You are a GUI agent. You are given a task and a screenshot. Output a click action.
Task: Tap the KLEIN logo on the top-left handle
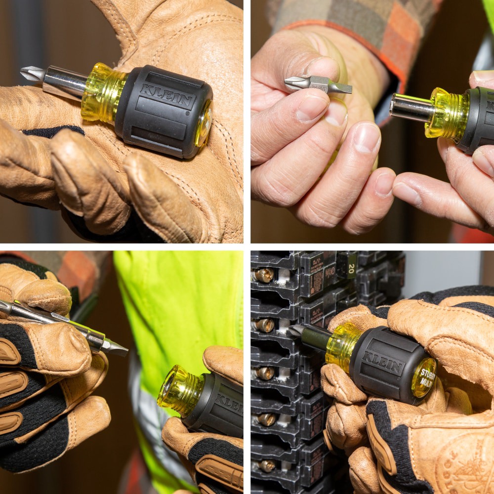point(167,96)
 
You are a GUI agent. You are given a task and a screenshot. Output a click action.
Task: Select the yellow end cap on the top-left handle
point(204,123)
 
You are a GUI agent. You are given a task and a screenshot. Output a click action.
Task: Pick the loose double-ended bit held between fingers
point(319,84)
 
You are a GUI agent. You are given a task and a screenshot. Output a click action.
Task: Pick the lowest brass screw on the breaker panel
point(267,465)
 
